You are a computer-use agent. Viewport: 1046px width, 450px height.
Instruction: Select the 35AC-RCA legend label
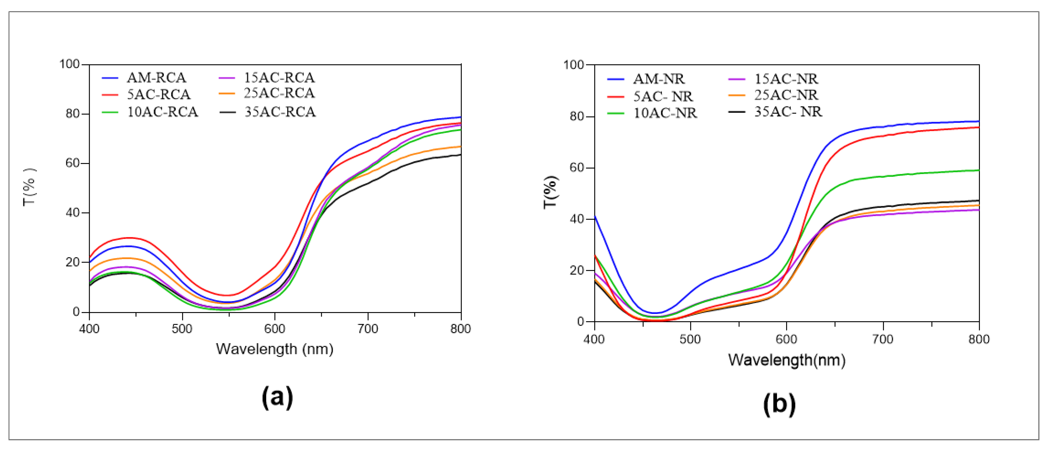click(280, 112)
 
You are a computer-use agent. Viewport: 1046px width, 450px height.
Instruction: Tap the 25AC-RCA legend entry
click(279, 93)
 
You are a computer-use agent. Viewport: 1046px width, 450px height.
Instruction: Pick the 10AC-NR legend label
click(665, 113)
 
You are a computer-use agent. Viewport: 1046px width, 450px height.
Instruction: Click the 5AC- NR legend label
click(663, 96)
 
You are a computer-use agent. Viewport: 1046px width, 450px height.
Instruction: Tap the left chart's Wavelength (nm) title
click(274, 349)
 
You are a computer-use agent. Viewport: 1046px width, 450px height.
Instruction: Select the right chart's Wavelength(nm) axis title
click(786, 360)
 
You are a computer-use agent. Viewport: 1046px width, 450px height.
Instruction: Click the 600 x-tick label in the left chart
click(275, 328)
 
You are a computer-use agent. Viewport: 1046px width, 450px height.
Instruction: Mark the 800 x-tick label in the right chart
click(979, 339)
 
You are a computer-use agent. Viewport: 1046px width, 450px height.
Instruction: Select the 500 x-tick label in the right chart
click(690, 339)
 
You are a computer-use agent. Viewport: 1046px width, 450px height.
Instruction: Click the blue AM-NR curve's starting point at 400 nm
click(595, 216)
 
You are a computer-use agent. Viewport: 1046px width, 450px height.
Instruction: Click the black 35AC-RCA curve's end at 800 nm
click(460, 155)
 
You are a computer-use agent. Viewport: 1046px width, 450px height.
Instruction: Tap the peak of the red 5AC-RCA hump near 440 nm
click(129, 238)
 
